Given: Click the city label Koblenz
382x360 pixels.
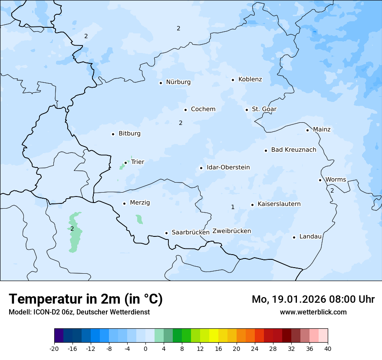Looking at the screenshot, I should tap(250, 79).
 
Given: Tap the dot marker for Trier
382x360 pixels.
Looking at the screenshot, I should tap(126, 163).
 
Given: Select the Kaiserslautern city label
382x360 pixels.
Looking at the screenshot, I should tap(279, 204).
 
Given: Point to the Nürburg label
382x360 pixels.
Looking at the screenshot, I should tap(178, 82).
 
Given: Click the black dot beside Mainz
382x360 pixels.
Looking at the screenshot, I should tap(307, 130).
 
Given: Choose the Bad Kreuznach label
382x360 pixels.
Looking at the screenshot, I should tap(293, 150).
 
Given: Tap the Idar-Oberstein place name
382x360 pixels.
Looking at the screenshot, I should tap(228, 167).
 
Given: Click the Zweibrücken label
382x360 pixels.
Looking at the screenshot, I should tap(231, 231).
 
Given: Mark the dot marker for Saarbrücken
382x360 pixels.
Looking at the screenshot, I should tap(166, 233).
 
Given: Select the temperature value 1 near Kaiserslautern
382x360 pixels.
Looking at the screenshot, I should tap(233, 207).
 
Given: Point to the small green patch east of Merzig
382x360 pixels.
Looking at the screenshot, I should tap(139, 219).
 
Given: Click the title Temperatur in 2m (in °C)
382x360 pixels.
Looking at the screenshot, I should tap(86, 299).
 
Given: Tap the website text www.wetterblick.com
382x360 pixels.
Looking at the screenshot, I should tap(313, 312).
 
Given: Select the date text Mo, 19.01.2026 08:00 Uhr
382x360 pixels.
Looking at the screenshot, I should tap(313, 299).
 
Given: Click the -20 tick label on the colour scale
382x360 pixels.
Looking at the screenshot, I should tap(54, 348).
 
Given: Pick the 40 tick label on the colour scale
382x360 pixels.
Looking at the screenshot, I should tap(327, 348).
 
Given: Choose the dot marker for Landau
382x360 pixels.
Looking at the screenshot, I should tap(294, 237).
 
